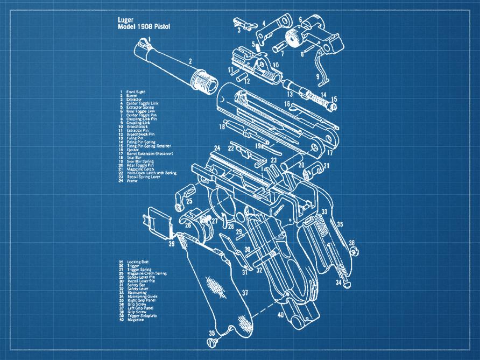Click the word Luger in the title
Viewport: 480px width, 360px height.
pos(125,19)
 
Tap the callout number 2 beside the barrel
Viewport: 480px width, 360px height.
pos(189,62)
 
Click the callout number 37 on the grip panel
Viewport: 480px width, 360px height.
pos(244,293)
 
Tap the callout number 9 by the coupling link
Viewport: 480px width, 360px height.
pos(317,76)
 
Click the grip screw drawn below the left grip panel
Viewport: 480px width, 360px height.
pos(211,341)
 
